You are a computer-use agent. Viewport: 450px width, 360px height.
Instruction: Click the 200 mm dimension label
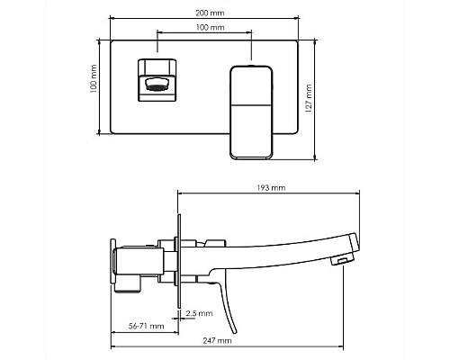coord(210,13)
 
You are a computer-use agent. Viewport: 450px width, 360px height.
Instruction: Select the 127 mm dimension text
coord(309,98)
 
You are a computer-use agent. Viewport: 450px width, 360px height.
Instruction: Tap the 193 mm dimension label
coord(271,188)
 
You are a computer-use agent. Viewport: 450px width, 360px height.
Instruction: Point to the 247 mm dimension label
coord(217,340)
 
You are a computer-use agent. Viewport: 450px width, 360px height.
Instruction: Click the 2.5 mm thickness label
coord(199,313)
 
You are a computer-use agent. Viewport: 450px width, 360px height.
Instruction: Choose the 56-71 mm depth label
coord(147,326)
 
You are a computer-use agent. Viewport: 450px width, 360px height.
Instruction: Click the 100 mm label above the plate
coord(211,28)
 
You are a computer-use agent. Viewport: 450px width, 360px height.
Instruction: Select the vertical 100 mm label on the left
coord(94,78)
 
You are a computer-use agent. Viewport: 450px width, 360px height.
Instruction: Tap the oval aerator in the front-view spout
coord(156,84)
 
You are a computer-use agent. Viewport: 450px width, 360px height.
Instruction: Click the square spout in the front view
coord(157,80)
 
